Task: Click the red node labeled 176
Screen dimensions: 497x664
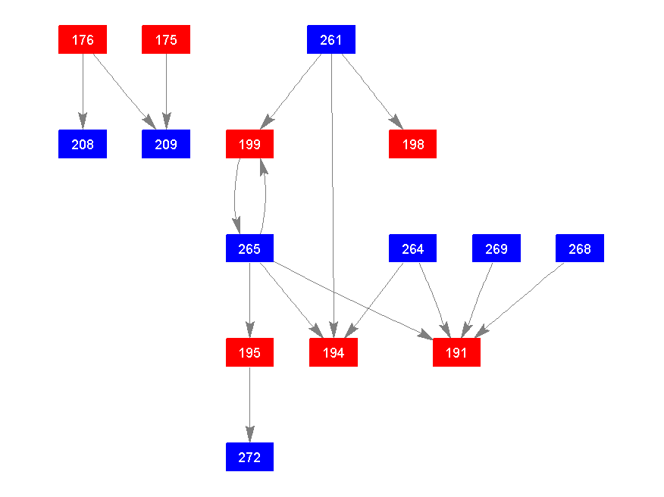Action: click(x=83, y=39)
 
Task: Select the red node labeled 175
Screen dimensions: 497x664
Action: click(x=166, y=39)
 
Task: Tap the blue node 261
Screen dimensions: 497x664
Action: click(x=331, y=39)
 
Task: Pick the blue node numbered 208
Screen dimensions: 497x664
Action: click(x=83, y=144)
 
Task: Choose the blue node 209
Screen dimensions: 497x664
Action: click(x=166, y=144)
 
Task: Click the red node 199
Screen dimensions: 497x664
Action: click(x=249, y=144)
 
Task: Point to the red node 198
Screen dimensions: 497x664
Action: click(x=413, y=144)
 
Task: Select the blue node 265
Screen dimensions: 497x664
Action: click(x=249, y=248)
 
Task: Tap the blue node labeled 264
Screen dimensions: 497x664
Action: click(x=413, y=248)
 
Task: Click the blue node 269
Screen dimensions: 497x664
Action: click(x=496, y=248)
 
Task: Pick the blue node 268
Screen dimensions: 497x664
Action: click(x=580, y=248)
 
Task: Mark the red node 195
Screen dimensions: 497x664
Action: click(x=249, y=352)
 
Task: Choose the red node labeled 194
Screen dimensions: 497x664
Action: click(x=334, y=352)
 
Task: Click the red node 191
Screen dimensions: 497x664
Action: click(x=456, y=352)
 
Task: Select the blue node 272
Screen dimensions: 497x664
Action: click(x=249, y=457)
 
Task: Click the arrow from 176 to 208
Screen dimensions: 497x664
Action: click(x=83, y=91)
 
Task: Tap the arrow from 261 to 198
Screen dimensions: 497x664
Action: click(x=371, y=91)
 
